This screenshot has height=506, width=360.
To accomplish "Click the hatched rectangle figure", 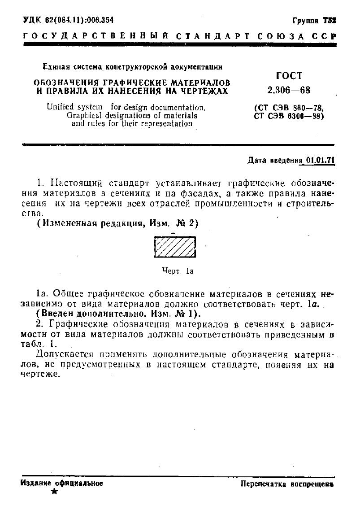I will [175, 247].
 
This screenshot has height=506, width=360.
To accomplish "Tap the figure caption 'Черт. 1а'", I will [178, 271].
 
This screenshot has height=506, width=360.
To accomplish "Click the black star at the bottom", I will [54, 492].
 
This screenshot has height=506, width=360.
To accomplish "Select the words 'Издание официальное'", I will [62, 483].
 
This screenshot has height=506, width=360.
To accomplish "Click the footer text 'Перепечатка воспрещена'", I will [287, 484].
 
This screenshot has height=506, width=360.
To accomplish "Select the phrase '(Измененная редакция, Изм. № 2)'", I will [117, 223].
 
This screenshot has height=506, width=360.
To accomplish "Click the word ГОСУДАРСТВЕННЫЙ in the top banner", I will [90, 36].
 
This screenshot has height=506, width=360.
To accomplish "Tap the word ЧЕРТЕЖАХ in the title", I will [205, 91].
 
